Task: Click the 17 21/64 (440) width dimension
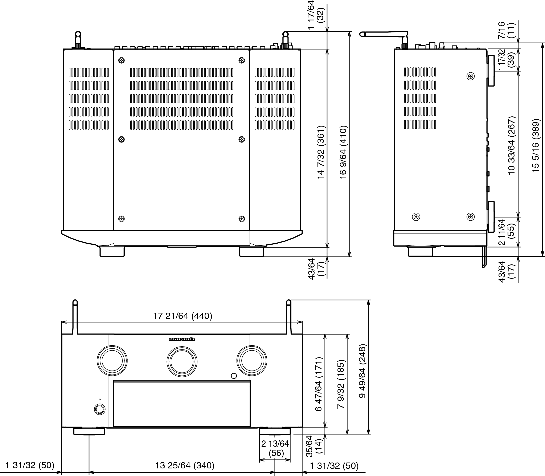pos(183,316)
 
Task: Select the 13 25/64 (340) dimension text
pos(185,465)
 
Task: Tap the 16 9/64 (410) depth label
pos(343,152)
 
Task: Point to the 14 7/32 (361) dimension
pos(321,152)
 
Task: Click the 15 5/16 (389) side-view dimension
pos(536,145)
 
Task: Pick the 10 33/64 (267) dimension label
pos(512,145)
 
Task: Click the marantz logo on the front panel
pos(182,339)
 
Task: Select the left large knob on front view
pos(112,361)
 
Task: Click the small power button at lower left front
pos(99,409)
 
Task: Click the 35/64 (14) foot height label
pos(314,446)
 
